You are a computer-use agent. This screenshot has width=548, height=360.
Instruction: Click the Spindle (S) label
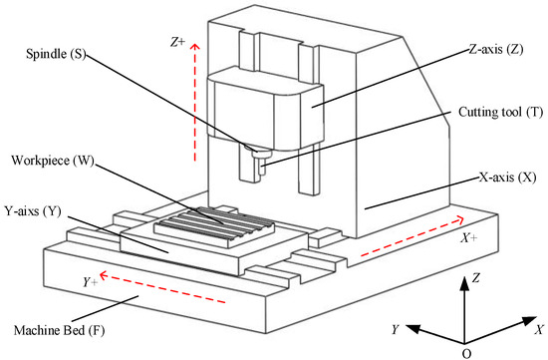pyautogui.click(x=59, y=59)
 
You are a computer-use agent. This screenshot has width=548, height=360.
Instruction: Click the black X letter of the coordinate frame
pyautogui.click(x=538, y=329)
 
